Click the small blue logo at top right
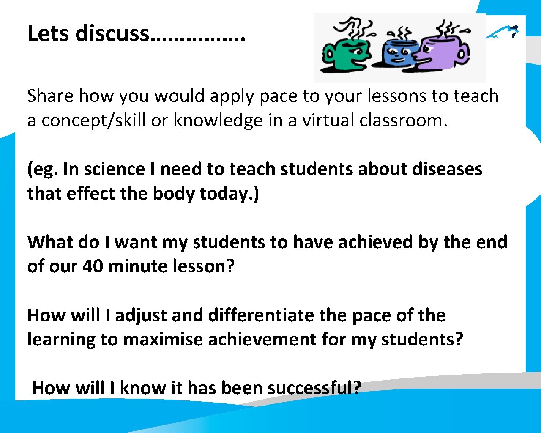pyautogui.click(x=503, y=32)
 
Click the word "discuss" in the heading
pyautogui.click(x=112, y=33)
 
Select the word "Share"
pyautogui.click(x=50, y=96)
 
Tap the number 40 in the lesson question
pyautogui.click(x=92, y=266)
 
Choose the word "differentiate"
pyautogui.click(x=261, y=315)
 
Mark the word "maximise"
pyautogui.click(x=163, y=340)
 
